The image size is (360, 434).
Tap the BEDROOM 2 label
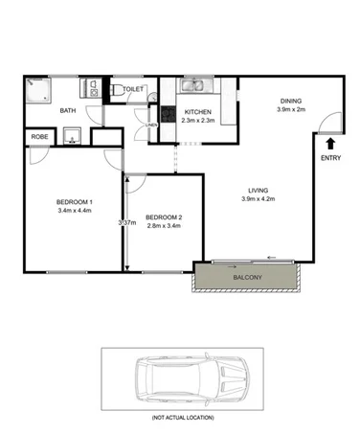164,218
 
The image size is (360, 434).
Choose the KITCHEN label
198,112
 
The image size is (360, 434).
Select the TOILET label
133,88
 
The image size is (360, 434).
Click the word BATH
68,111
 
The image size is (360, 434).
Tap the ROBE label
40,137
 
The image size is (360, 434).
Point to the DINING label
292,101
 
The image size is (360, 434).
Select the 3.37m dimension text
124,223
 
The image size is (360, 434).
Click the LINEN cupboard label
151,126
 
